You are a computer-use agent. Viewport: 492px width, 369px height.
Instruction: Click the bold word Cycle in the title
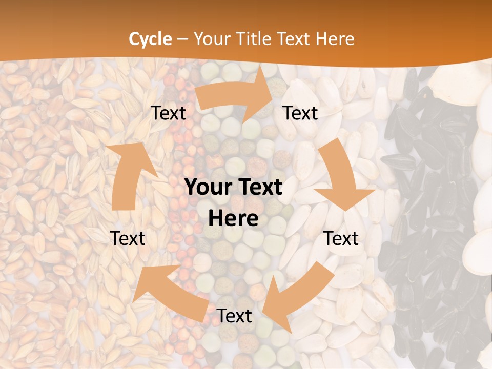[150, 39]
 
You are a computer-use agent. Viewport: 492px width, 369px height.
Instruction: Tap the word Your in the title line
[213, 39]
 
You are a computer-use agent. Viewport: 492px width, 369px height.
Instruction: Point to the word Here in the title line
[336, 39]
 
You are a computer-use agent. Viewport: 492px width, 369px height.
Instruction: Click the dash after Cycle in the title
[182, 39]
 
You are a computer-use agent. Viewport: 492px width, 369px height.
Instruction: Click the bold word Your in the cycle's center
[206, 188]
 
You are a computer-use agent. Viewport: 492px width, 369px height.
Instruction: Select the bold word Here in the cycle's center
[233, 218]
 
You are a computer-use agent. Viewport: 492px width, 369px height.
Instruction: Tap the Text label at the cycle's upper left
[168, 113]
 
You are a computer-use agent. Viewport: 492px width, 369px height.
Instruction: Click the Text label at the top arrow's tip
[300, 113]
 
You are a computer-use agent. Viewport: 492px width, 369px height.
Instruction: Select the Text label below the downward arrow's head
[341, 238]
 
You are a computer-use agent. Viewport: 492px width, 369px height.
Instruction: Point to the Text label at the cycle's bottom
[234, 316]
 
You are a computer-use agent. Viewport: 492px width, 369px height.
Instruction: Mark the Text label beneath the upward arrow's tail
[128, 238]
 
